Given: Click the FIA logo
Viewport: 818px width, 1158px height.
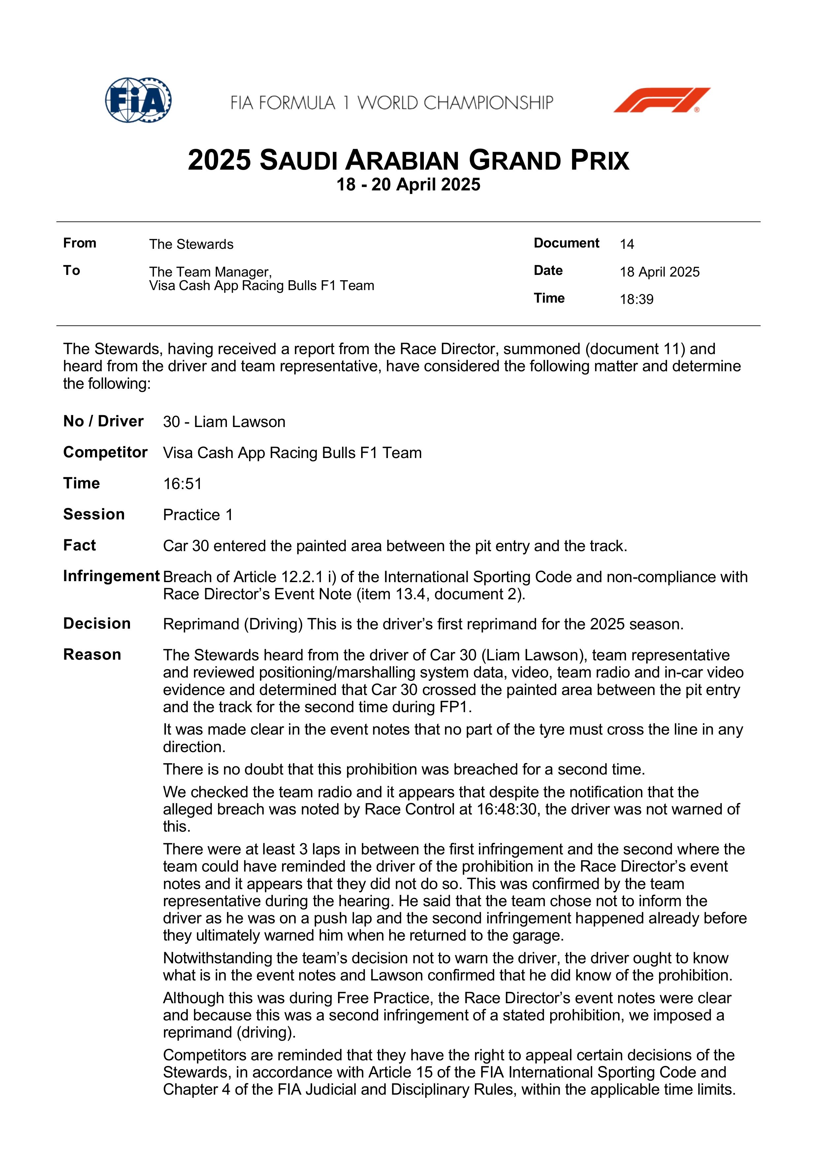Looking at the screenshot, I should (x=138, y=100).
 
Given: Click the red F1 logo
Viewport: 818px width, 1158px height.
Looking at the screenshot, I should (x=662, y=100).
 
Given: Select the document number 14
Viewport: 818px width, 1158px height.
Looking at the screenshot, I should (x=626, y=245).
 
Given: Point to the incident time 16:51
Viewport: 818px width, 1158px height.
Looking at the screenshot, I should (x=182, y=484).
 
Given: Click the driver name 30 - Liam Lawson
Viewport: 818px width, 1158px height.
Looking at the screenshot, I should (x=224, y=422).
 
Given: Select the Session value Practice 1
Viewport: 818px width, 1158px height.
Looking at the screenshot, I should (x=198, y=515).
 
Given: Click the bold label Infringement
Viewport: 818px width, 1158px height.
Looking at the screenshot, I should (x=111, y=576).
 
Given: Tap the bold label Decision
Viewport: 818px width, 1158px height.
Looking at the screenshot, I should (x=97, y=624).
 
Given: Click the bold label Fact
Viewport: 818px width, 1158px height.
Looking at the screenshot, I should (x=79, y=545).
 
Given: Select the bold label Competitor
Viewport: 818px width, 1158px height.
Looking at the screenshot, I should (x=105, y=452).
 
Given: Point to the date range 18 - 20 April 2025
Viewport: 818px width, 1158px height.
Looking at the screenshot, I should (x=408, y=184).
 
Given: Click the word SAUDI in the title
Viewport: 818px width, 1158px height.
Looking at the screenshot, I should (x=299, y=161).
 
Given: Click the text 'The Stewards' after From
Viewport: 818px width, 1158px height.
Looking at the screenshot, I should (x=191, y=245).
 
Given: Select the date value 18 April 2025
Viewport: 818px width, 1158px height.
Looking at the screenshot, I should (x=659, y=272).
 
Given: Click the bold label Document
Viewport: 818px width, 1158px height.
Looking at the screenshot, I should (x=566, y=243).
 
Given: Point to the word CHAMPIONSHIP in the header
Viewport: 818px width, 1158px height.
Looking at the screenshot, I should (x=488, y=103).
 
